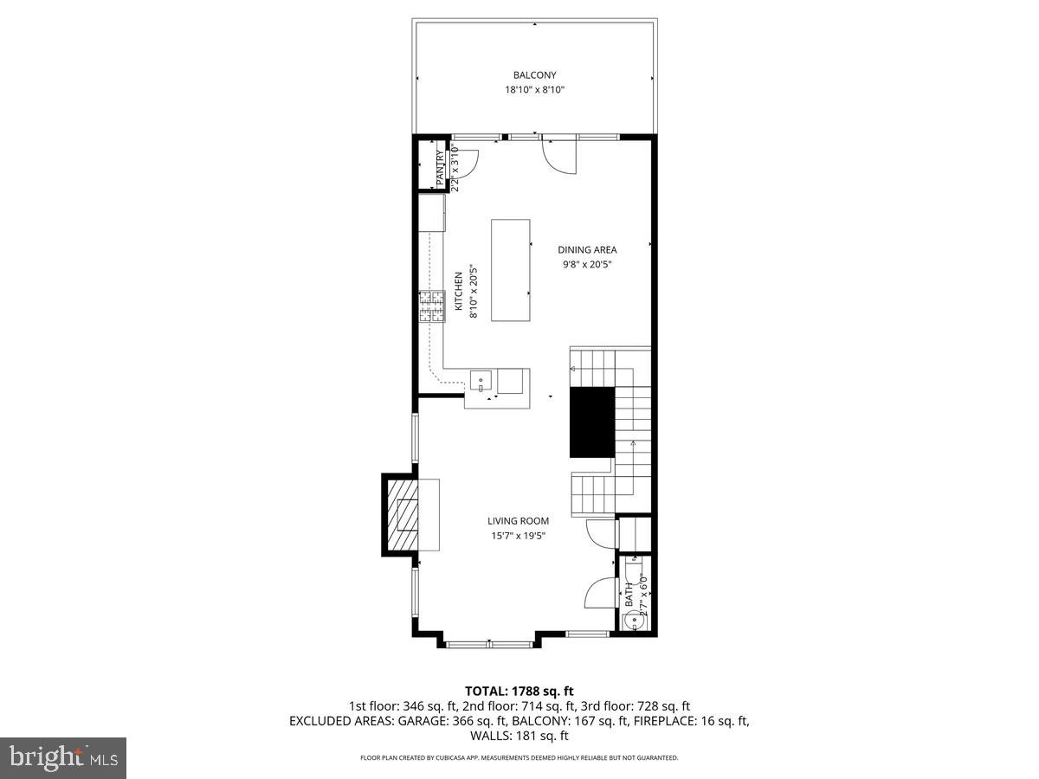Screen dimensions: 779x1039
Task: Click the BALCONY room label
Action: (534, 75)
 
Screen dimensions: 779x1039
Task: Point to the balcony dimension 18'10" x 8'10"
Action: (534, 90)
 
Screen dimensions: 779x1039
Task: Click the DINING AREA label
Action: (587, 250)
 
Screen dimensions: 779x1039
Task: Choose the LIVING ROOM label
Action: (518, 521)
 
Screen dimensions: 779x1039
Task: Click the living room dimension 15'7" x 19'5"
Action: (518, 536)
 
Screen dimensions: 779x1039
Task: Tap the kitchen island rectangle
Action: (511, 270)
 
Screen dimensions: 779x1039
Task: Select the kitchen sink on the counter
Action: (481, 380)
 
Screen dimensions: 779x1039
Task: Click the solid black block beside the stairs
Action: (591, 422)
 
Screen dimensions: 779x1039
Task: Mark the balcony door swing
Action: (558, 154)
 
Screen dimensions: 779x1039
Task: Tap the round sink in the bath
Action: (632, 620)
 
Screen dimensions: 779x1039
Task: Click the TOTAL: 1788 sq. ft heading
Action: (519, 691)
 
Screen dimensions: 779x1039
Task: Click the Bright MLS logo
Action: (64, 757)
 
